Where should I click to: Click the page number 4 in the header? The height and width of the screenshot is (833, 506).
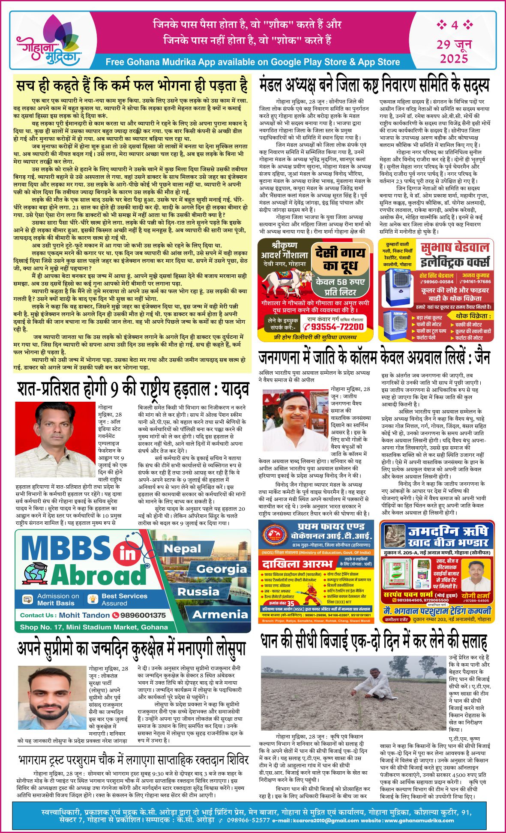coord(454,25)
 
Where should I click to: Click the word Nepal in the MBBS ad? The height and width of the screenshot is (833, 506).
coord(182,548)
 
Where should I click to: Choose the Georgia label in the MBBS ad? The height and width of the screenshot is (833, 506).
coord(222,569)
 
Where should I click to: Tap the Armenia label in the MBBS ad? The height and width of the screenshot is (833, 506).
coord(220,614)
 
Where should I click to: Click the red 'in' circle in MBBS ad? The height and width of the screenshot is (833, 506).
coord(127,554)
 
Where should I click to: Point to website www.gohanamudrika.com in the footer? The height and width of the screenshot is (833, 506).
coord(407,821)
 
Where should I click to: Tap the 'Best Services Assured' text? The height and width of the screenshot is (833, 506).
coord(124,599)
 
